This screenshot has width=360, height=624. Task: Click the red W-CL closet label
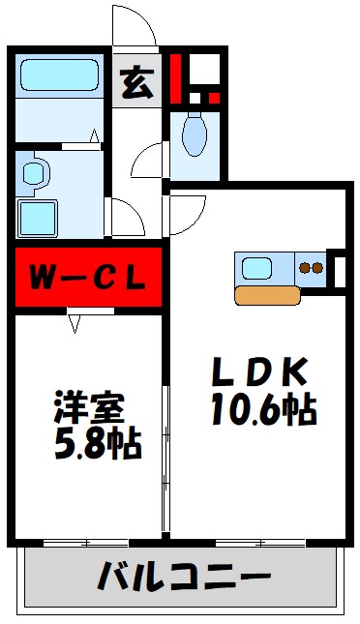click(x=86, y=278)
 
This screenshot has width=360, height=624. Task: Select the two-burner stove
click(x=310, y=268)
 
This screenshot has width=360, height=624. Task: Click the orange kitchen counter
click(x=267, y=296)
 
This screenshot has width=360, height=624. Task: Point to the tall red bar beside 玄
click(x=176, y=77)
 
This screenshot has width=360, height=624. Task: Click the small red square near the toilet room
click(x=213, y=97)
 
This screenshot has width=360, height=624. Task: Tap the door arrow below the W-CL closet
click(x=75, y=326)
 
